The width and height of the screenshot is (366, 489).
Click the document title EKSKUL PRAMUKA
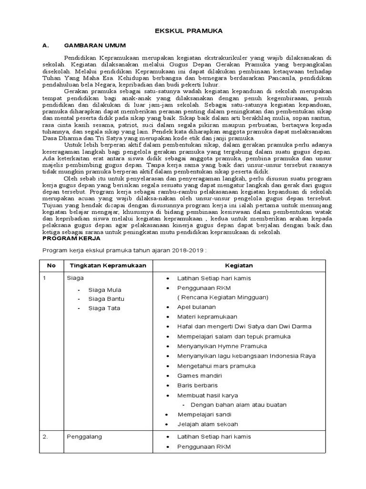(189, 31)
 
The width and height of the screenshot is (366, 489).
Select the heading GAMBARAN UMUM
(95, 46)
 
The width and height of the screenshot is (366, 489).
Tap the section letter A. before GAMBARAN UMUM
(46, 46)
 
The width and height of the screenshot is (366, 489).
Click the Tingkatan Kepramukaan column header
(108, 266)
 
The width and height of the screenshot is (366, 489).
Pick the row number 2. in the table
(46, 436)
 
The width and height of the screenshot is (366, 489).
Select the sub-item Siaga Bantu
(106, 299)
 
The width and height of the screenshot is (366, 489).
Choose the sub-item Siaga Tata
(104, 308)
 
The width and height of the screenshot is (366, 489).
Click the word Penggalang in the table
(84, 436)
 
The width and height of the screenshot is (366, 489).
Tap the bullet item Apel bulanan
(196, 307)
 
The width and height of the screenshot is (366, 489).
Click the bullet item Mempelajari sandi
(203, 414)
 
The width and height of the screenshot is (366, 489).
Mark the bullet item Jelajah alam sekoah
(207, 424)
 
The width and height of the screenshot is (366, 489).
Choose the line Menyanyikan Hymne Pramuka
(222, 346)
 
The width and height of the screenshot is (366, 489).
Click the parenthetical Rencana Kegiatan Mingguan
(223, 297)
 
